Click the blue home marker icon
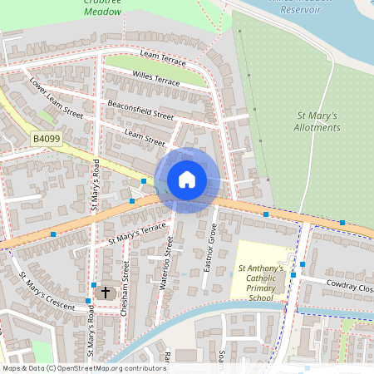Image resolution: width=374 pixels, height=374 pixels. pyautogui.click(x=187, y=180)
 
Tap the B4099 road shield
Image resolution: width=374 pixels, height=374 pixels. pyautogui.click(x=47, y=139)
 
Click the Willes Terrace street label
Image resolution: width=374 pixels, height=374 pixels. pyautogui.click(x=155, y=80)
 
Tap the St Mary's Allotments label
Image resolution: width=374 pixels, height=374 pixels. pyautogui.click(x=317, y=121)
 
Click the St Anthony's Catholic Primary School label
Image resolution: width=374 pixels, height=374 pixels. pyautogui.click(x=261, y=283)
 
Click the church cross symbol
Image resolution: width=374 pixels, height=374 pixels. pyautogui.click(x=105, y=293)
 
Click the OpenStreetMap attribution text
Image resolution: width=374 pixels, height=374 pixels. pyautogui.click(x=83, y=367)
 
